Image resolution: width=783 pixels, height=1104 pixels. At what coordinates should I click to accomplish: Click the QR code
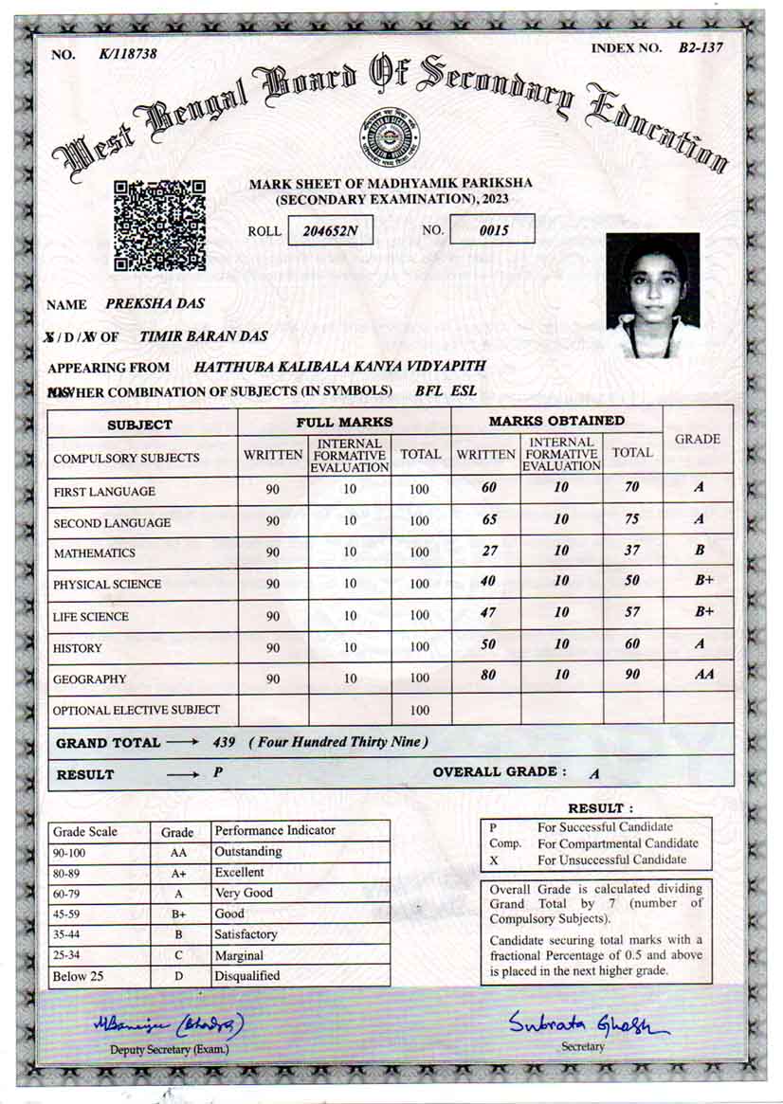(159, 226)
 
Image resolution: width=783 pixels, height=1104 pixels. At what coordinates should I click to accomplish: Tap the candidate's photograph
(652, 295)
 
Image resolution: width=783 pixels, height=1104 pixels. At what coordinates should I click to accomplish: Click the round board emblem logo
(390, 136)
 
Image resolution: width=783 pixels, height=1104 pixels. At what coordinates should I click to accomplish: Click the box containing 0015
(492, 229)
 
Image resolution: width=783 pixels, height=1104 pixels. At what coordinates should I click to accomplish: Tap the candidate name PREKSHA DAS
(155, 304)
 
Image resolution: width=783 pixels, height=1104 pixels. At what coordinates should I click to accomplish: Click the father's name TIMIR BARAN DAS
(203, 336)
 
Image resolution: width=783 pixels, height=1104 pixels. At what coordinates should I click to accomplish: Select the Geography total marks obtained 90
(632, 675)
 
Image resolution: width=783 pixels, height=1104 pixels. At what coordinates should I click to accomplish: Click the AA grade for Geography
(703, 675)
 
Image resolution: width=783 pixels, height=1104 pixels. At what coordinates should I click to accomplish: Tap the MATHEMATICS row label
(94, 553)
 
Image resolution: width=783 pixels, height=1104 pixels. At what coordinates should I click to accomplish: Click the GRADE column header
(697, 440)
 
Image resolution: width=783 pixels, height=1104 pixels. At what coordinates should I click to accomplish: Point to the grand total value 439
(225, 742)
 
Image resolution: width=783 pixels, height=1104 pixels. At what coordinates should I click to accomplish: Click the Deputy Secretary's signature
(169, 1024)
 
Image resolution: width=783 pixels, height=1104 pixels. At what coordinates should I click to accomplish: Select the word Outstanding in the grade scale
(248, 852)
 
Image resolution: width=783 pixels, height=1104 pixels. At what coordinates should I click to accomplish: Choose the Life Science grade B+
(703, 612)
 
